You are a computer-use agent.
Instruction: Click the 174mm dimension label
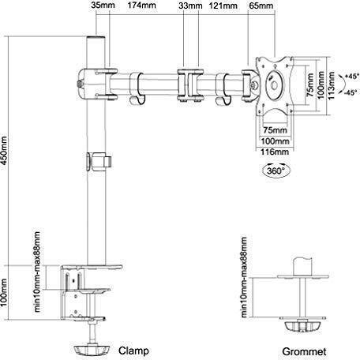point(141,6)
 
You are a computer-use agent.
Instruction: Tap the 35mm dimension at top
point(103,6)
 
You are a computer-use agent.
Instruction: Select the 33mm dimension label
point(190,6)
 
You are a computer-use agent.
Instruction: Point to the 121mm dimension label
point(223,6)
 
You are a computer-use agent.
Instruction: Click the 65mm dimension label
point(261,6)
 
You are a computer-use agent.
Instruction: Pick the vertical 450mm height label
point(3,150)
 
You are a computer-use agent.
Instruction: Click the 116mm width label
point(275,152)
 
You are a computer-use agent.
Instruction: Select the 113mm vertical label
point(332,86)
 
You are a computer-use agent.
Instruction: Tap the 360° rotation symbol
point(276,171)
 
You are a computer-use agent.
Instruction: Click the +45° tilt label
point(351,77)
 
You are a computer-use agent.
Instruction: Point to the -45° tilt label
point(351,92)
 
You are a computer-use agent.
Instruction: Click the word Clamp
point(133,351)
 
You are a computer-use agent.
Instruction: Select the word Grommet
point(304,351)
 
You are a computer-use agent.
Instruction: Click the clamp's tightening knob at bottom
point(91,351)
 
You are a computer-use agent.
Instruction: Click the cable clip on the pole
point(99,161)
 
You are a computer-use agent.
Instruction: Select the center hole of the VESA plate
point(275,85)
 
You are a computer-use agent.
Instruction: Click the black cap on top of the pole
point(96,39)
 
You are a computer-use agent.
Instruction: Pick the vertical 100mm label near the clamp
point(3,293)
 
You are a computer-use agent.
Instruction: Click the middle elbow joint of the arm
point(190,85)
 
